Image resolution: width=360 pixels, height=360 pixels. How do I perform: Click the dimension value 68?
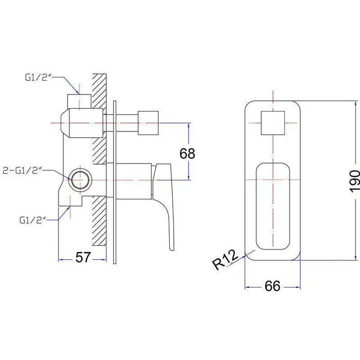[187, 154]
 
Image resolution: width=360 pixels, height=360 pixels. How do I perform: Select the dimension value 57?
[83, 257]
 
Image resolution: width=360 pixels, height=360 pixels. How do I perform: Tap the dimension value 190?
[354, 181]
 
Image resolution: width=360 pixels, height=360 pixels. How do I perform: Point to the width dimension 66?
[273, 286]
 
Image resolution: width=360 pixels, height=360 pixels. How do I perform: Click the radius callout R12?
[225, 260]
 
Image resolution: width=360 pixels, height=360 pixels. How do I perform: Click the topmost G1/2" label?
[38, 77]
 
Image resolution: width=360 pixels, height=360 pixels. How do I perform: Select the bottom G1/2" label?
[33, 220]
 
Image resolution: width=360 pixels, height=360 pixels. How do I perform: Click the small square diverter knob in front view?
[273, 123]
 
